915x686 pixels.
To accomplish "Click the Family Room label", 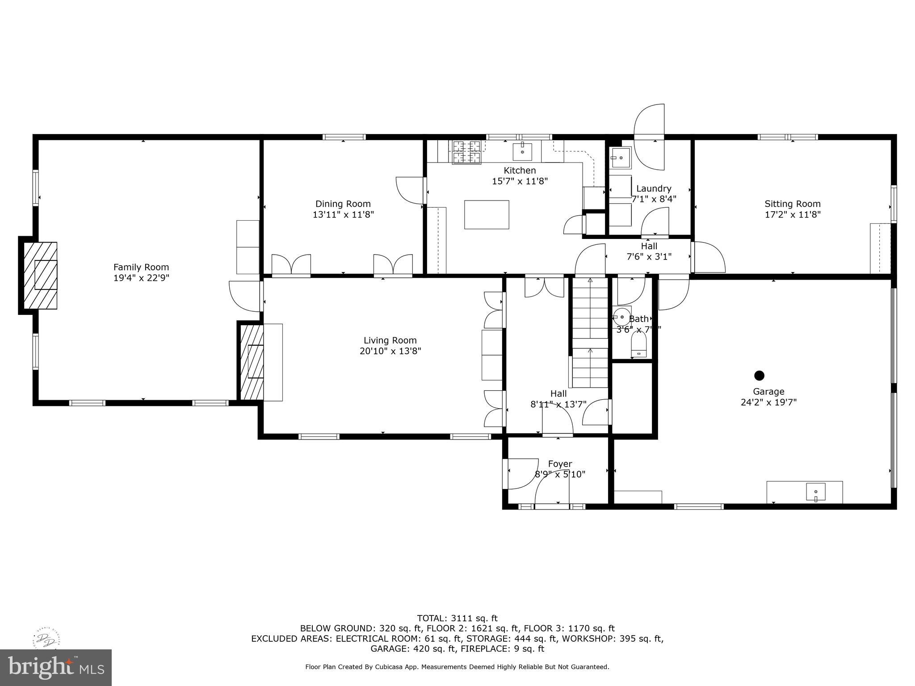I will coord(141,267).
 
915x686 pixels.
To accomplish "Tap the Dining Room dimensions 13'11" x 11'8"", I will coord(343,214).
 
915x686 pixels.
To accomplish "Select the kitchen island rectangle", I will coord(487,215).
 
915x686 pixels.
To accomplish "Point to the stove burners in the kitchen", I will coord(467,152).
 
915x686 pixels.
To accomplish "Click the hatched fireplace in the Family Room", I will coord(40,275).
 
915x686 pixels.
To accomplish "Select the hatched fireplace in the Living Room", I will coord(252,362).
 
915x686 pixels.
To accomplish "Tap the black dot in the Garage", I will coord(759,375).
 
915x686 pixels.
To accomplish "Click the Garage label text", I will coord(768,392).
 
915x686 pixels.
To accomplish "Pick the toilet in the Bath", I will coord(638,347).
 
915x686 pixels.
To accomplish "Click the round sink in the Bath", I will coord(621,317).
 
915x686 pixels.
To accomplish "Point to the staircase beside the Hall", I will coord(590,333).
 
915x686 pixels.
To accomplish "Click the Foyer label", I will coord(560,464).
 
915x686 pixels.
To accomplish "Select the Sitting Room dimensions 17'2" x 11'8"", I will coord(793,214).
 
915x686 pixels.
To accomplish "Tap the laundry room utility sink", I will coord(620,158).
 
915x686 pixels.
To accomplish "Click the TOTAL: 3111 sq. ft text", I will coord(457,618).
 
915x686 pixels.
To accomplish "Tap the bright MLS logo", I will coord(56,668).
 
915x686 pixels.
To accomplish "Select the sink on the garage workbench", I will coord(815,492).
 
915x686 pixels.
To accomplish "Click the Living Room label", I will coord(390,340).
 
